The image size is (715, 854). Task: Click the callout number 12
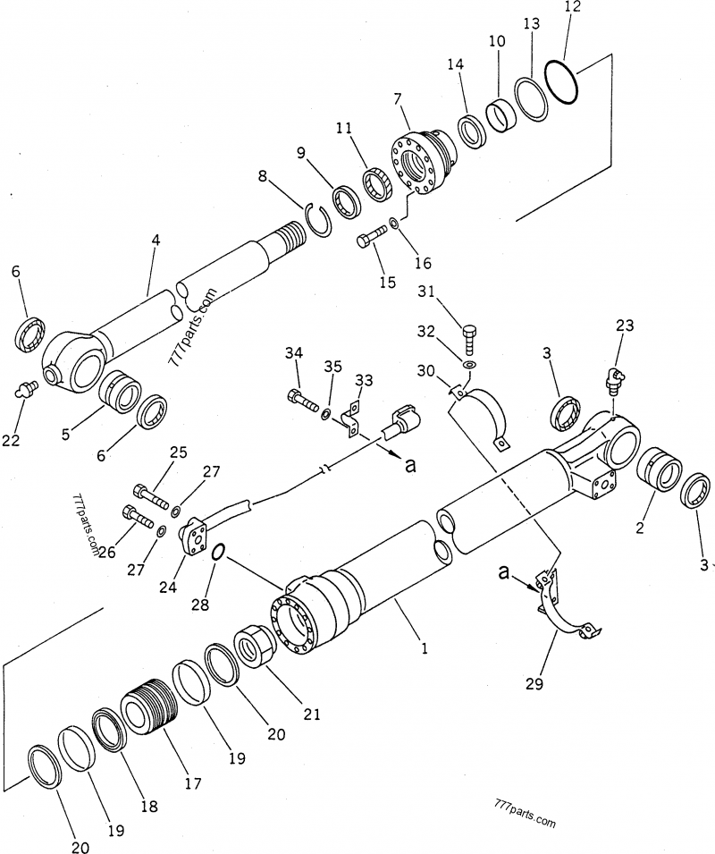click(573, 7)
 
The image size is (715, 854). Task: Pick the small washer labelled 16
click(394, 222)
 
